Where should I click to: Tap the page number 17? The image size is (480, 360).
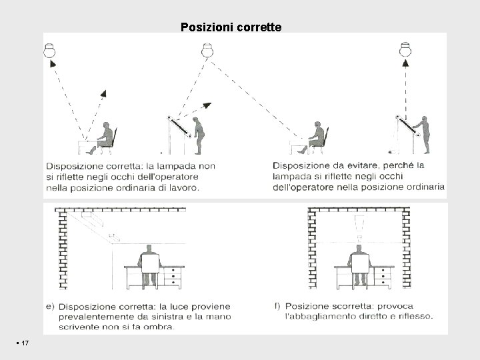click(x=24, y=343)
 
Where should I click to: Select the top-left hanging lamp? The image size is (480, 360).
click(x=49, y=50)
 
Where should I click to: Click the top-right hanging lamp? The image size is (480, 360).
click(x=405, y=49)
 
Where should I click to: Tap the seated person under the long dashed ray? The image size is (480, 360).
click(x=317, y=136)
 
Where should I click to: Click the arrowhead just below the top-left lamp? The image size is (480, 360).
click(x=51, y=63)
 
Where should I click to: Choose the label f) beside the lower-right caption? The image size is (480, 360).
click(x=277, y=306)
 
